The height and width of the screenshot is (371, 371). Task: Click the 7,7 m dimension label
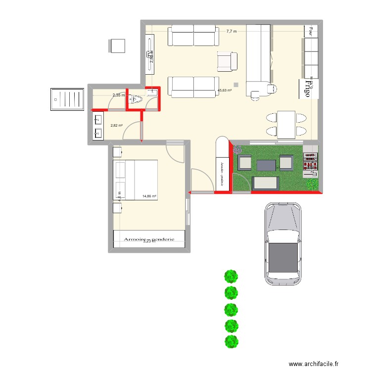pos(232,32)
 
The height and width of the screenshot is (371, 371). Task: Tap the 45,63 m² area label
pos(225,91)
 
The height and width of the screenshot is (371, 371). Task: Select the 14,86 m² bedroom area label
pos(149,196)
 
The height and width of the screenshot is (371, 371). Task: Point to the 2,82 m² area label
pos(117,126)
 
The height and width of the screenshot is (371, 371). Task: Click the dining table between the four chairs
pos(286,125)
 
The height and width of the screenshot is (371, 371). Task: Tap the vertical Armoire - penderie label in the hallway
pos(223,174)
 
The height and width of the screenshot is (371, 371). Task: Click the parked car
pos(283,243)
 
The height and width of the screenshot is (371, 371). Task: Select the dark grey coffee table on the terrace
pos(265,165)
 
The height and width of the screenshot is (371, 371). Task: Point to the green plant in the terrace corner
pos(312,184)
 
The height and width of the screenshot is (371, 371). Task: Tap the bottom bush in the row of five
pos(231,342)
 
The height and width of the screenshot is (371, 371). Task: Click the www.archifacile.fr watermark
pos(314,364)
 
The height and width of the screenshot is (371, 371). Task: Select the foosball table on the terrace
pos(310,162)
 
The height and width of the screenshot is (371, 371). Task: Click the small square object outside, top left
pos(117,46)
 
